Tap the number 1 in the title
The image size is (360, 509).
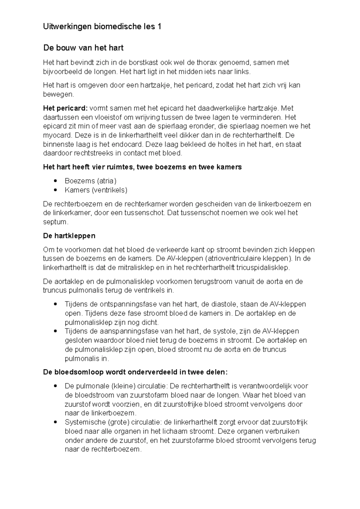(x=159, y=27)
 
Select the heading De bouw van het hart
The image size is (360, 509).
(x=83, y=48)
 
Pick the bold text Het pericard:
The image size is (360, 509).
(x=65, y=108)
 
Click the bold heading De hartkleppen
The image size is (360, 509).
(x=69, y=236)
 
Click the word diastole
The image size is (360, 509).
(x=219, y=304)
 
